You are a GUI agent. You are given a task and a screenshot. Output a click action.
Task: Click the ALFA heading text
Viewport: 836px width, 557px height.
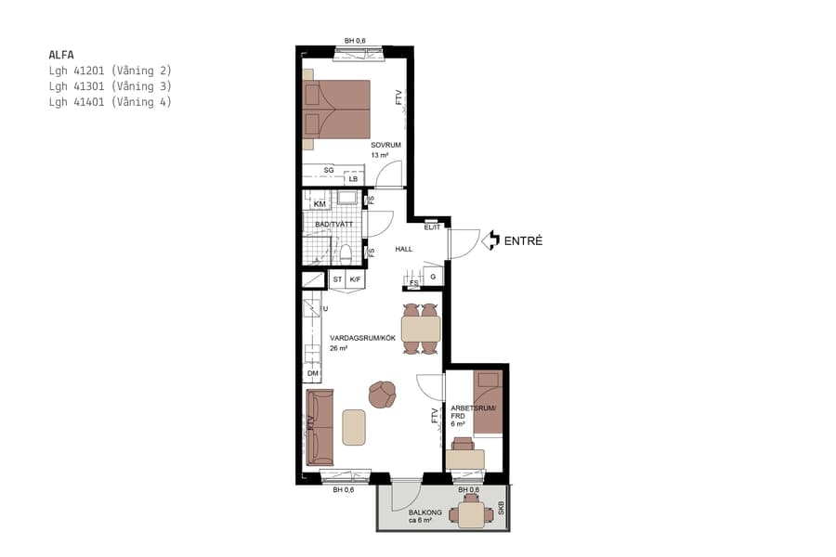coord(61,54)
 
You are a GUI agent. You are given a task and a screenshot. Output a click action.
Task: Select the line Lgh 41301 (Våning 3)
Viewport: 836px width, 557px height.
coord(111,86)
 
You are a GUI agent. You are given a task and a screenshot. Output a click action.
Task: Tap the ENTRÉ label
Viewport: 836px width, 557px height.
coord(523,241)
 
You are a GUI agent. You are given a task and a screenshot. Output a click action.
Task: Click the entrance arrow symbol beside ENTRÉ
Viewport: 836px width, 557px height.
coord(492,241)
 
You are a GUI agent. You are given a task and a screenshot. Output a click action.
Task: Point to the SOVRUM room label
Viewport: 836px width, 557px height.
coord(385,146)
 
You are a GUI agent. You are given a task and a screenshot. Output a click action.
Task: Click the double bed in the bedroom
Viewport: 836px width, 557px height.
coord(337,113)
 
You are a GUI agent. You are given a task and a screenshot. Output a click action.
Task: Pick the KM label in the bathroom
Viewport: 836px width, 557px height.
coord(320,204)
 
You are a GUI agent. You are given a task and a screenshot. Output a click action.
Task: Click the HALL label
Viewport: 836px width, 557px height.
coord(403,250)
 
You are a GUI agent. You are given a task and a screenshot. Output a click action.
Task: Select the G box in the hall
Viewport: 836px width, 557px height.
coord(433,277)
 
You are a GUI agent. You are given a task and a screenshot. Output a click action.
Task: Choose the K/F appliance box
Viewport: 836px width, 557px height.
coord(356,278)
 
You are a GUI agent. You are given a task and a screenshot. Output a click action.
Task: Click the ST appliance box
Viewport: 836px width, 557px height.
coord(337,278)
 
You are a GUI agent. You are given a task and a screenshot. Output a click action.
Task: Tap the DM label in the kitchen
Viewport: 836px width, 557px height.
coord(313,374)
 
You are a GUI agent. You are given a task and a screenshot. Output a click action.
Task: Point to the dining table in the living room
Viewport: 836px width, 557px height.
coord(421,329)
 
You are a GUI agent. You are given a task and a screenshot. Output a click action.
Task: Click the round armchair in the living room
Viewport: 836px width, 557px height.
coord(381,395)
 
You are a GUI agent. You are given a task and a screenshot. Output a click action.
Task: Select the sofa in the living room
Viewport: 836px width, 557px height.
coord(320,426)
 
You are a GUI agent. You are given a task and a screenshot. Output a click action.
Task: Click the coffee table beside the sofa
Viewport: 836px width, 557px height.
coord(354,426)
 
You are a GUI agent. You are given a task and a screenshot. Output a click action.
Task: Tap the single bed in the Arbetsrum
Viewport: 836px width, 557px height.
coord(488,402)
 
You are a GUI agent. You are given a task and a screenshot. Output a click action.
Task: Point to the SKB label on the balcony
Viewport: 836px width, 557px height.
coord(500,509)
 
